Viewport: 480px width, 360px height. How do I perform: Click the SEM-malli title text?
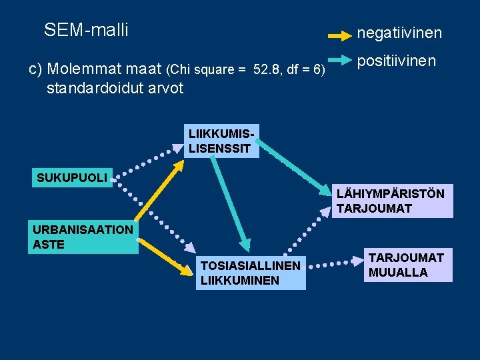pyautogui.click(x=86, y=30)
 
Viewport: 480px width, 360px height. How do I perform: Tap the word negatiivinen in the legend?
pyautogui.click(x=399, y=33)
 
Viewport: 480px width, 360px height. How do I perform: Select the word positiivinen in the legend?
pyautogui.click(x=396, y=61)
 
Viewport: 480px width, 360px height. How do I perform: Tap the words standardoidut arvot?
pyautogui.click(x=115, y=88)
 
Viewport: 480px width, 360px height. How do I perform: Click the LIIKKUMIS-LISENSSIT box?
pyautogui.click(x=221, y=141)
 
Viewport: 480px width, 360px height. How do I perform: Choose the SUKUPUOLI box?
pyautogui.click(x=72, y=178)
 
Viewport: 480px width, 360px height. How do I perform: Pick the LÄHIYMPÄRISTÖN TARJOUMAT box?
pyautogui.click(x=391, y=201)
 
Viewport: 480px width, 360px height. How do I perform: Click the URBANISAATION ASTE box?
pyautogui.click(x=83, y=237)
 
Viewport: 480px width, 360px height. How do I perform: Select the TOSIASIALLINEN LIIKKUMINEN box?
pyautogui.click(x=251, y=273)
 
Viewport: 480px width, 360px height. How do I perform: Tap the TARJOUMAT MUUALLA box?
pyautogui.click(x=407, y=265)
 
